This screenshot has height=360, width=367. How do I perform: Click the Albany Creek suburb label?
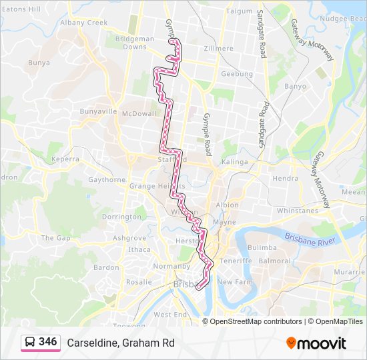pos(83,23)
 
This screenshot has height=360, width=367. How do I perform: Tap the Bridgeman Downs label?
pos(135,43)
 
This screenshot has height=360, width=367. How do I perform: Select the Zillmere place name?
pos(219,49)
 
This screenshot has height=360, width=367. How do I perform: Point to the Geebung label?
pos(237,74)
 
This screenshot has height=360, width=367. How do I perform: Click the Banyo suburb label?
pos(295,86)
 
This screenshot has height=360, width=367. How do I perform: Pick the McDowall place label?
pos(139,114)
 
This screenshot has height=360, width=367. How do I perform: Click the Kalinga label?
pos(234,162)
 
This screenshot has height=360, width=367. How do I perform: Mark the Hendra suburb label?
pos(285,179)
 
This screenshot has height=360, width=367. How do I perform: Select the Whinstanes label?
pos(297,211)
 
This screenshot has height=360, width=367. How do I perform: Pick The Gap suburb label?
pos(55,238)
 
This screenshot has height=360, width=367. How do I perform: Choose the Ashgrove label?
pos(129,238)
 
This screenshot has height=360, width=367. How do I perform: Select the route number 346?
pos(47,342)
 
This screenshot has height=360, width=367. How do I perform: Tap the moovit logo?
pos(316,343)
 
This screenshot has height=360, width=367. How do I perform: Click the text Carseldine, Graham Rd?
pos(120,343)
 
